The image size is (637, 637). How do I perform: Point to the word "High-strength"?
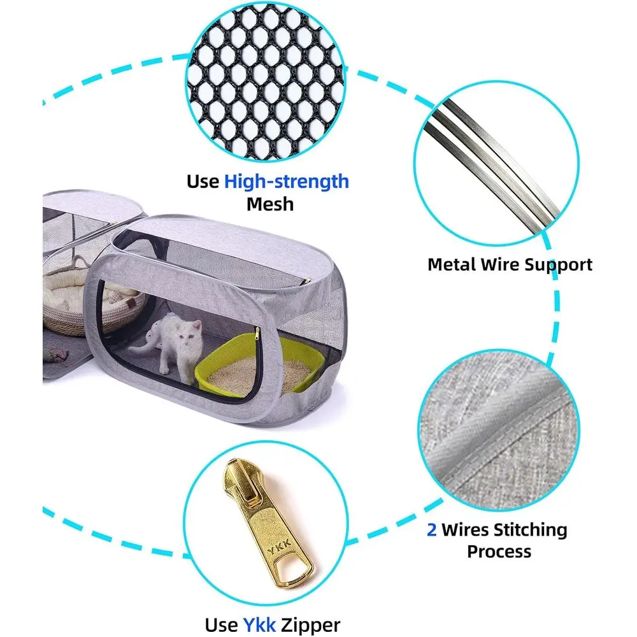pyautogui.click(x=287, y=182)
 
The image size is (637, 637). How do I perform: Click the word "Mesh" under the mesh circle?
pyautogui.click(x=270, y=204)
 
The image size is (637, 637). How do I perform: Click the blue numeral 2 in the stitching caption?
pyautogui.click(x=431, y=530)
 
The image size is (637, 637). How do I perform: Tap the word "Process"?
pyautogui.click(x=499, y=552)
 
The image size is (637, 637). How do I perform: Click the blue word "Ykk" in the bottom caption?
pyautogui.click(x=260, y=625)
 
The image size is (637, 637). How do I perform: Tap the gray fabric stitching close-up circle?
pyautogui.click(x=499, y=431)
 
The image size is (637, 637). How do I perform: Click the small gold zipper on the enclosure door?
pyautogui.click(x=257, y=334)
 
